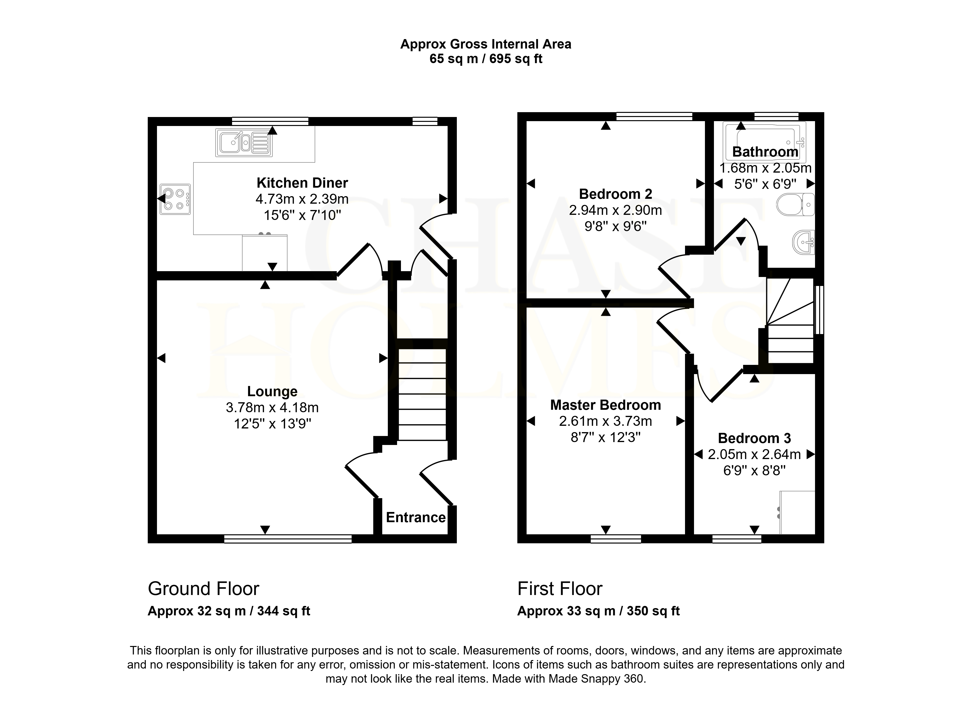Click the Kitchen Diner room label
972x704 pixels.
point(302,183)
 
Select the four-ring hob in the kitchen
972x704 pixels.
point(175,199)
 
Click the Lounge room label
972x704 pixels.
point(272,391)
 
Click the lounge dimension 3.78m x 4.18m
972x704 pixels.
point(272,408)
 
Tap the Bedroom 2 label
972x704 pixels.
point(616,194)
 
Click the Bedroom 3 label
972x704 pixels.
point(754,438)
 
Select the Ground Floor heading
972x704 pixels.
point(204,589)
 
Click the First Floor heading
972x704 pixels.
point(560,589)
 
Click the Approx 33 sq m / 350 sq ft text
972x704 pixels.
point(598,611)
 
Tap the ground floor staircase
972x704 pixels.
point(423,394)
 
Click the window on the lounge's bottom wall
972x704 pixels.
point(287,539)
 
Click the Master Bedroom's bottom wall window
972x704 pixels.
point(616,539)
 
